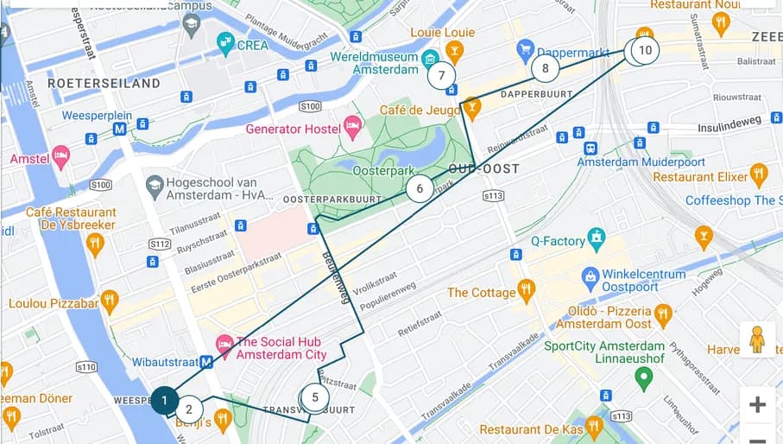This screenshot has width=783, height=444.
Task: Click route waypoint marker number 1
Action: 165,401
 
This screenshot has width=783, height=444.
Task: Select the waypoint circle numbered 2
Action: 189,409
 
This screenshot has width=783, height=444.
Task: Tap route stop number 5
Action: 315,398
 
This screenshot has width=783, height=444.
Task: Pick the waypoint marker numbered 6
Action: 420,188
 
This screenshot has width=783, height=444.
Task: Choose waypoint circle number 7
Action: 442,75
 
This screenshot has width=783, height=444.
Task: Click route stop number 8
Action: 545,67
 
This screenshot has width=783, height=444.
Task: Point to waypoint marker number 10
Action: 644,50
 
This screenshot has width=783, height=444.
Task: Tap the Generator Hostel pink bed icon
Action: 352,129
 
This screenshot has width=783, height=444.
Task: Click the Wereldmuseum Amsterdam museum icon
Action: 430,58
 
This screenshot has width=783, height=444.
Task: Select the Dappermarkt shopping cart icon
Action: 525,47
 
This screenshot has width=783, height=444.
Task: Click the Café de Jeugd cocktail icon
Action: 471,109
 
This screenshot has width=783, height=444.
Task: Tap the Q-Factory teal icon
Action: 596,236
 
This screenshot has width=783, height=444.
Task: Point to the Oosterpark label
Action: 380,171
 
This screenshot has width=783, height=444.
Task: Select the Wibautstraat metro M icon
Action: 206,363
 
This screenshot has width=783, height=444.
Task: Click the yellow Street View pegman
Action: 757,339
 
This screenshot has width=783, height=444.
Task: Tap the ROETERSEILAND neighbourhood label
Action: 104,84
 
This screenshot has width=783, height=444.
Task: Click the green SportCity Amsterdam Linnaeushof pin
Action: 643,377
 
